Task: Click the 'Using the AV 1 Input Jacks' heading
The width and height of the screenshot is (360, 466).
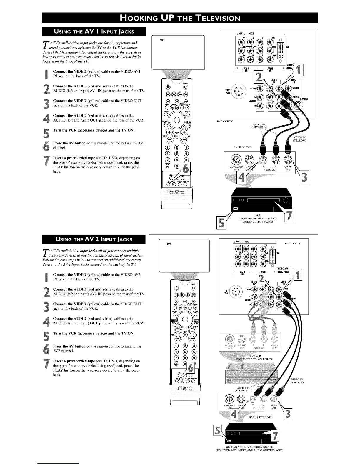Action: coord(94,31)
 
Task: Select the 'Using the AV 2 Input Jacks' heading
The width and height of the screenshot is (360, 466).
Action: coord(94,239)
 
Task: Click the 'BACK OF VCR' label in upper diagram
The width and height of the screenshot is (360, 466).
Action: coord(242,147)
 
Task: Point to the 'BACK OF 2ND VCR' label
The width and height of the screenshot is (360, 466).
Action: coord(261,417)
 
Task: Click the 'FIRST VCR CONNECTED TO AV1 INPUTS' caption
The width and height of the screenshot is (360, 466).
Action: coord(254,357)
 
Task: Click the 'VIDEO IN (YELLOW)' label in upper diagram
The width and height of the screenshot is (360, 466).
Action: coord(300,139)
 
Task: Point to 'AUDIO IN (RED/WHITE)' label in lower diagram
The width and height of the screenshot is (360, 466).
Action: coord(243,390)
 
